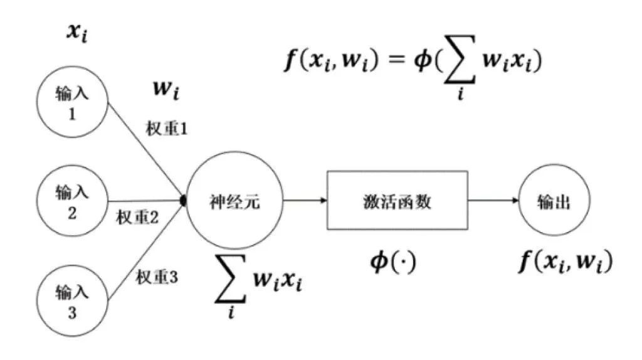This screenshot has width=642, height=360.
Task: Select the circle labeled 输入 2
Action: pyautogui.click(x=71, y=201)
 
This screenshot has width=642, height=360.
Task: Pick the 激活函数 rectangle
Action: pyautogui.click(x=397, y=200)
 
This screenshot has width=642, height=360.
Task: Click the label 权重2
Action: pyautogui.click(x=138, y=218)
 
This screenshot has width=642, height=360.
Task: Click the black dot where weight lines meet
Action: pyautogui.click(x=184, y=201)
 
